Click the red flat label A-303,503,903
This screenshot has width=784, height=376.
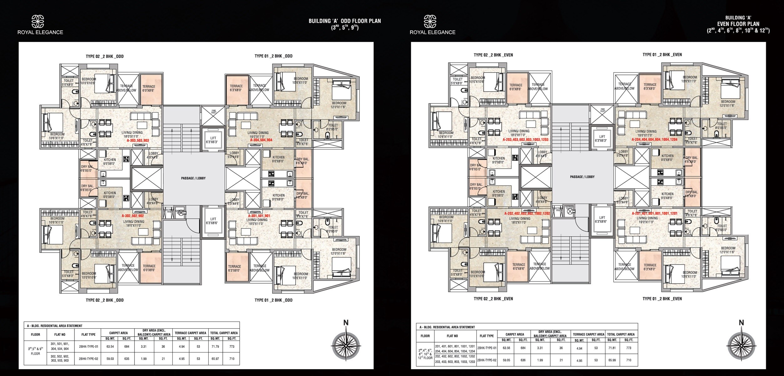tap(138, 141)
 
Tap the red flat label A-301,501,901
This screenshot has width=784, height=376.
tap(259, 216)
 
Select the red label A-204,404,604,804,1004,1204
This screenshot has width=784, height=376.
tap(654, 140)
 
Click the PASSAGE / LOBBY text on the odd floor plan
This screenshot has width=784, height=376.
tap(193, 178)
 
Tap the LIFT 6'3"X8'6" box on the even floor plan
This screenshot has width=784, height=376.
tap(602, 219)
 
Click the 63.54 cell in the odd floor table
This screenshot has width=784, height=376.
tap(110, 347)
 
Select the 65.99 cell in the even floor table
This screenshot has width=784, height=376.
tap(612, 360)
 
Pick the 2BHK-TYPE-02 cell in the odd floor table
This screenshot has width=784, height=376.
tap(89, 359)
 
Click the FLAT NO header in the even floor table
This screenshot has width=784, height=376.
tap(452, 336)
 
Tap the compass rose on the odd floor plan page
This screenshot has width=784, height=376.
tap(346, 344)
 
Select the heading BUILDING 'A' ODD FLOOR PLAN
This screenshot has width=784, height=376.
tap(344, 21)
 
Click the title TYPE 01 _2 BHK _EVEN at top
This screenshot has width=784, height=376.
tap(662, 55)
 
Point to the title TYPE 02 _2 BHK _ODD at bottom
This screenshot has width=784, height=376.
tap(104, 300)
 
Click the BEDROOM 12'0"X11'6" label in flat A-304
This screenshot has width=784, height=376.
tap(339, 105)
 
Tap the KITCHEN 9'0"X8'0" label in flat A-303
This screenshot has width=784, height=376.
tap(109, 161)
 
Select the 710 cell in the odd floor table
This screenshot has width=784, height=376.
tap(232, 359)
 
